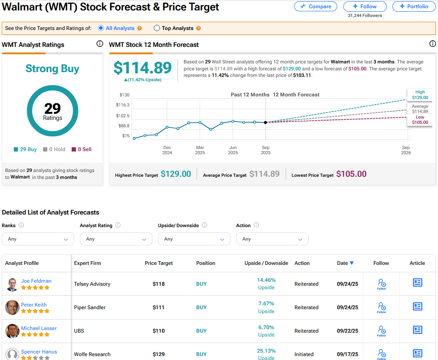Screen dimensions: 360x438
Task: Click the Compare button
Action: [316, 7]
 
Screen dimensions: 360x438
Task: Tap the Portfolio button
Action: [414, 7]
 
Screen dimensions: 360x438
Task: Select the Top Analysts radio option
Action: [157, 28]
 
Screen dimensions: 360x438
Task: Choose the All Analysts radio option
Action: [101, 28]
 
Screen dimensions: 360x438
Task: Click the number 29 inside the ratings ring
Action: [53, 108]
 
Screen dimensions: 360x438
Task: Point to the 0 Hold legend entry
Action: [54, 149]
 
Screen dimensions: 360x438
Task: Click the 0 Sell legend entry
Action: [81, 149]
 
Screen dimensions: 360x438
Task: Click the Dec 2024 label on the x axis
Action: [167, 150]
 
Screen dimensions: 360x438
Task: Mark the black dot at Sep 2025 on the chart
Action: [266, 122]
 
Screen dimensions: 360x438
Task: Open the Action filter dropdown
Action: [272, 239]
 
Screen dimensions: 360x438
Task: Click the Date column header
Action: [345, 263]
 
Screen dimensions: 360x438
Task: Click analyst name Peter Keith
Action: [34, 305]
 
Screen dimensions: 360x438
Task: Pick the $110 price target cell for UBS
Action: [159, 331]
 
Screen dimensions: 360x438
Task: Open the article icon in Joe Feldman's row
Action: [417, 283]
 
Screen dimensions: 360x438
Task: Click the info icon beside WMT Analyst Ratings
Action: [100, 44]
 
